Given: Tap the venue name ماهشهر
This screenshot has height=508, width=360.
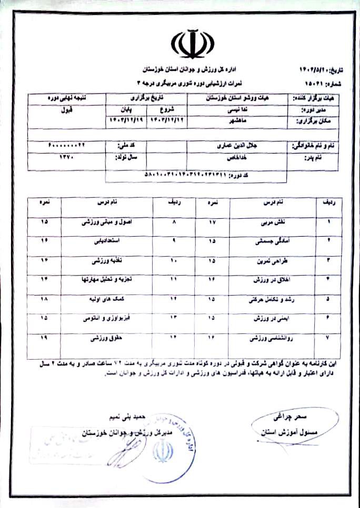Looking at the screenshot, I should [236, 121].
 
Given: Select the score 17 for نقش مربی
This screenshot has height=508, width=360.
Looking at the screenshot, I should [213, 222].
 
